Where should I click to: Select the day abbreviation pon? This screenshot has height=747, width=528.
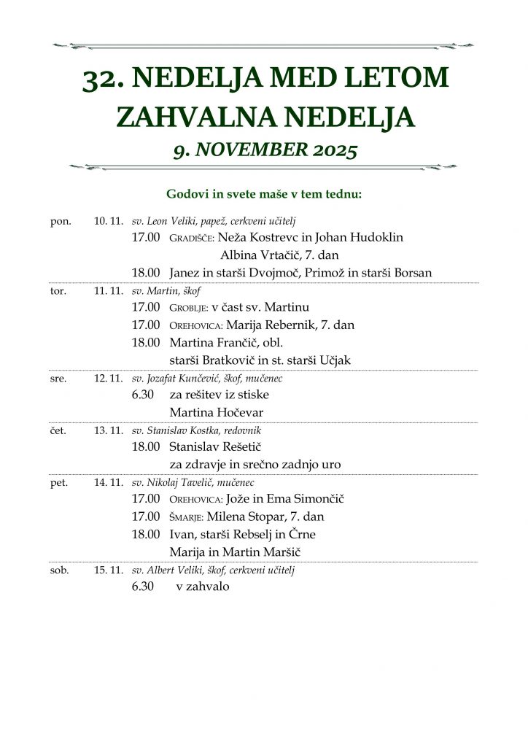[61, 221]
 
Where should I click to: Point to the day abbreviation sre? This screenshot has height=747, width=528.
[59, 379]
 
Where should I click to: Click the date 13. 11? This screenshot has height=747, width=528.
[109, 430]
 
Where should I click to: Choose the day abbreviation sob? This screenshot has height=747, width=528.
[60, 570]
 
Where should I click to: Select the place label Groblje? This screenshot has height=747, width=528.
[188, 308]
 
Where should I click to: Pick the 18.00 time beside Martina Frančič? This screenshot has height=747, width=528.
[146, 342]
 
